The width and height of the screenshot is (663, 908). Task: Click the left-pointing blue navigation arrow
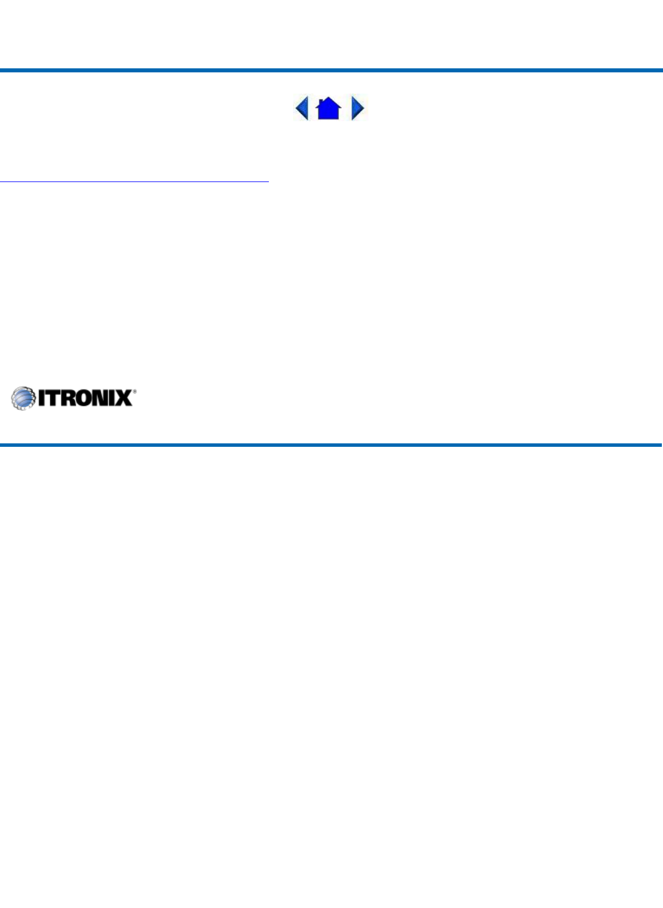click(302, 108)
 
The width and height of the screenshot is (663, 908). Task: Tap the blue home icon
click(329, 109)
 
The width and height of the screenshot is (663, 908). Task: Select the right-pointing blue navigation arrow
click(357, 108)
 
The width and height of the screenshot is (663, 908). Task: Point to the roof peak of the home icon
click(329, 99)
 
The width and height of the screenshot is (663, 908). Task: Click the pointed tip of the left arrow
click(296, 108)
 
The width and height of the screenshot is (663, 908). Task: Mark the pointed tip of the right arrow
click(364, 108)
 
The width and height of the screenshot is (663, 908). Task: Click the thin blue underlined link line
click(134, 181)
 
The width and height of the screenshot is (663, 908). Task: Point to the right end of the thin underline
click(268, 181)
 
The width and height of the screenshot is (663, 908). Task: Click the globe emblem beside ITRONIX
click(23, 398)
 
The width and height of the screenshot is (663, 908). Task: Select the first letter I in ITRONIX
click(42, 398)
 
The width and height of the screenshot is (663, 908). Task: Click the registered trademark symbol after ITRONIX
click(134, 392)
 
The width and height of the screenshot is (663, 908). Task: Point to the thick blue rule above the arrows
click(331, 71)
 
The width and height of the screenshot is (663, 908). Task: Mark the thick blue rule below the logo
click(331, 445)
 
